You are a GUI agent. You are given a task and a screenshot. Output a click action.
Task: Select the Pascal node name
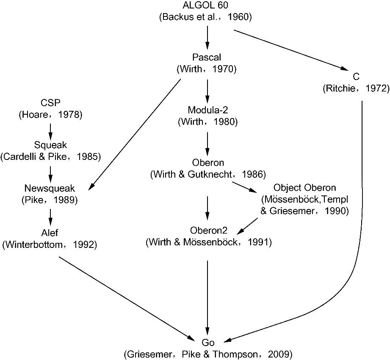[x=206, y=57]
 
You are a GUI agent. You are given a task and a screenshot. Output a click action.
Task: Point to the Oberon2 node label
[x=208, y=231]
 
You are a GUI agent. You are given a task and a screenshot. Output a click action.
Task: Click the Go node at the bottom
[x=207, y=342]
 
